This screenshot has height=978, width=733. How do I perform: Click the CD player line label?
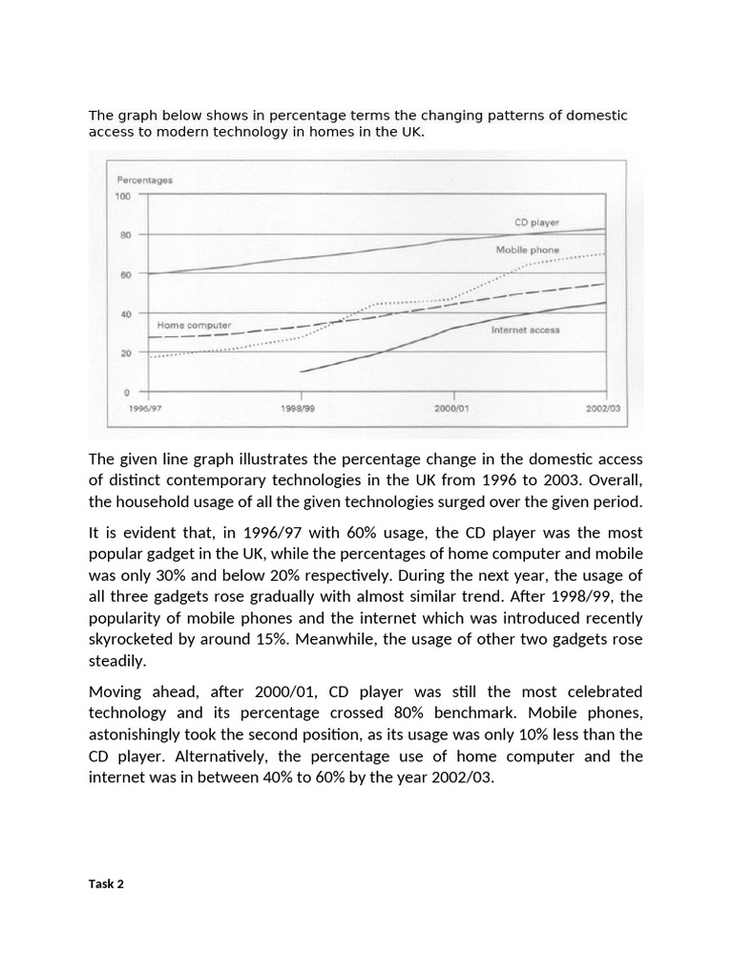(537, 223)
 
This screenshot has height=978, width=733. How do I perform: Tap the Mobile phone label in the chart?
(528, 249)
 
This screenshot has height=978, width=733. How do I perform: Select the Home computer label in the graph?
(194, 325)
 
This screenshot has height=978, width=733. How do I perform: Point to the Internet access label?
(525, 330)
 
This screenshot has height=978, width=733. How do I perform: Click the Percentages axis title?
(144, 180)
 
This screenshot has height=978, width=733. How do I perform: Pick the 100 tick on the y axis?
(123, 196)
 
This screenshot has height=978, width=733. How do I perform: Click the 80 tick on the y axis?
(125, 235)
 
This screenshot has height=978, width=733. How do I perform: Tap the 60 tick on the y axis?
(125, 274)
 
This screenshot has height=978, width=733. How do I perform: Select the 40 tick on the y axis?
(125, 313)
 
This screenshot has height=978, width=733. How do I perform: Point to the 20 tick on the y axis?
(125, 352)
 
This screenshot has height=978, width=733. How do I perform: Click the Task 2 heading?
(106, 883)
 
